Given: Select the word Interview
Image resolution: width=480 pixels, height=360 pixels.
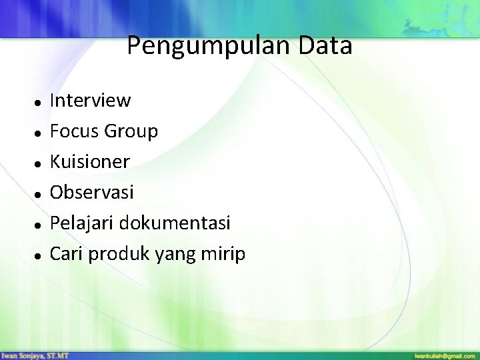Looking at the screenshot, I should point(91,101).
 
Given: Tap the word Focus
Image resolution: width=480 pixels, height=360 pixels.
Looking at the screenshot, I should point(75,131).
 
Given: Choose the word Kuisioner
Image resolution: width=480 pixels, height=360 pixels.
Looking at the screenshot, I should point(90,162).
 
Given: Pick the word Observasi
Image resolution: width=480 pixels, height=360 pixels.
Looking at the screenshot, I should point(92,193).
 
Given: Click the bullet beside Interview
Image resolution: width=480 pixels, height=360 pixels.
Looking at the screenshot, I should point(40,102).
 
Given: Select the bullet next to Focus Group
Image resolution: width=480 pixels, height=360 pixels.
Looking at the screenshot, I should point(40,133).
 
